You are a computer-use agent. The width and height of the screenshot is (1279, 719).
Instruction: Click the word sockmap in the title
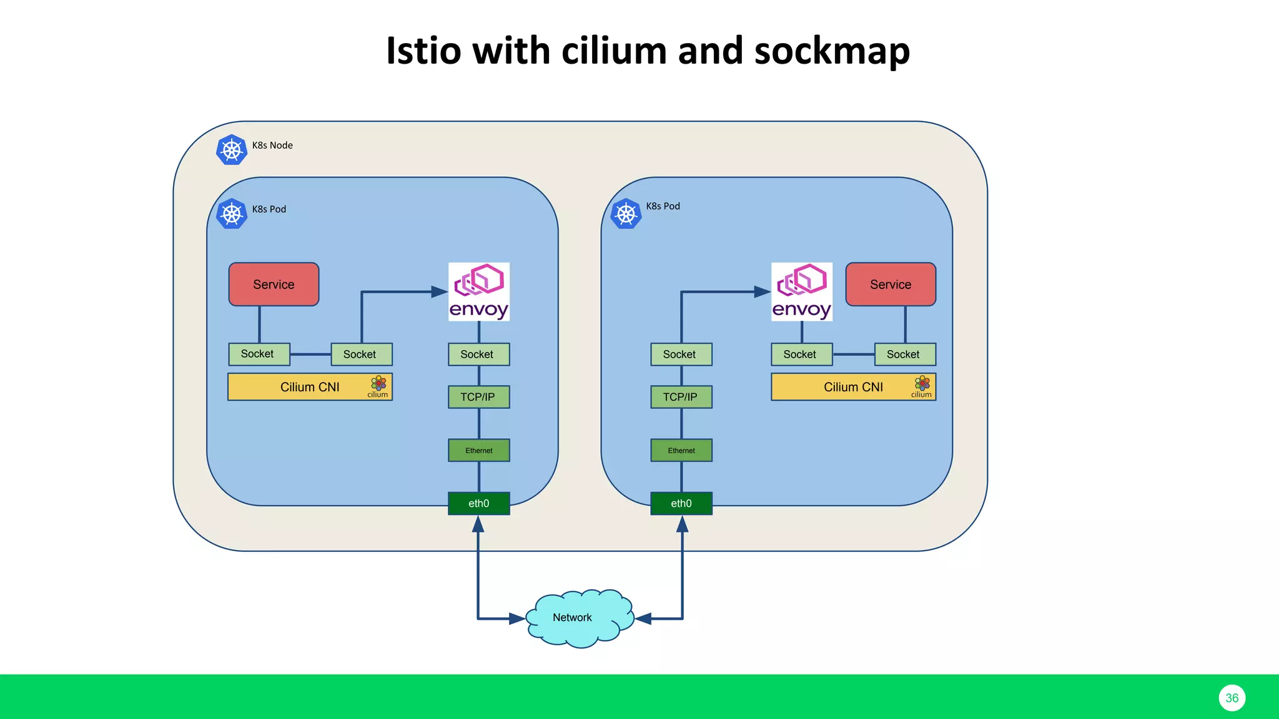pyautogui.click(x=832, y=51)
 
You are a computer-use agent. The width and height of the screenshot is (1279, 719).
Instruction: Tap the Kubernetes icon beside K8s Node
pyautogui.click(x=232, y=150)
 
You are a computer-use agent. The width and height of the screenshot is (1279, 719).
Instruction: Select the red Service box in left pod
pyautogui.click(x=274, y=285)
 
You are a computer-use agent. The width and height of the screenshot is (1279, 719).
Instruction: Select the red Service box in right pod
pyautogui.click(x=891, y=285)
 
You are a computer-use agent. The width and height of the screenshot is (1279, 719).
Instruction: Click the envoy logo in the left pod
pyautogui.click(x=479, y=291)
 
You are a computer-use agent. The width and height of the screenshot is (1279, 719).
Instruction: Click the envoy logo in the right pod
pyautogui.click(x=802, y=291)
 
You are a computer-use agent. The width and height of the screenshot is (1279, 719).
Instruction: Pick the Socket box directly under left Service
pyautogui.click(x=259, y=354)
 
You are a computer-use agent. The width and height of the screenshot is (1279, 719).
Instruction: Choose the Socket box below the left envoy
pyautogui.click(x=478, y=355)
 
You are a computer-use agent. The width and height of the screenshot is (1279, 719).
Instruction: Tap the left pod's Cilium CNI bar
pyautogui.click(x=310, y=387)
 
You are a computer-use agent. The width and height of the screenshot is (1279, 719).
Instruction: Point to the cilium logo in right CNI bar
pyautogui.click(x=922, y=385)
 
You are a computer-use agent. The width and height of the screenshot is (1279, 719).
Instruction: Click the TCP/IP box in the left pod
pyautogui.click(x=478, y=397)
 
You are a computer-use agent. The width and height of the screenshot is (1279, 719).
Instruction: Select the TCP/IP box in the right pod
pyautogui.click(x=681, y=397)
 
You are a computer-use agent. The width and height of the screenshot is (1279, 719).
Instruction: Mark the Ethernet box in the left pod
pyautogui.click(x=478, y=451)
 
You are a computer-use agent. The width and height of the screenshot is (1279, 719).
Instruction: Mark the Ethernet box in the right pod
pyautogui.click(x=681, y=451)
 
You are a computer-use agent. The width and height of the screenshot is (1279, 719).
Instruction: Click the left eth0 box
pyautogui.click(x=478, y=504)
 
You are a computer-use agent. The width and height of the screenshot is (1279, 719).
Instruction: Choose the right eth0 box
pyautogui.click(x=681, y=504)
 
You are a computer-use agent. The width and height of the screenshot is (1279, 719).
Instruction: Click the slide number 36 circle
pyautogui.click(x=1232, y=698)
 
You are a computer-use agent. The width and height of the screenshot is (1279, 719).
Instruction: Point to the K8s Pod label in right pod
pyautogui.click(x=663, y=206)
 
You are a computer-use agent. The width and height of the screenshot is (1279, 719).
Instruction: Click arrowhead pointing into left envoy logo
pyautogui.click(x=440, y=291)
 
